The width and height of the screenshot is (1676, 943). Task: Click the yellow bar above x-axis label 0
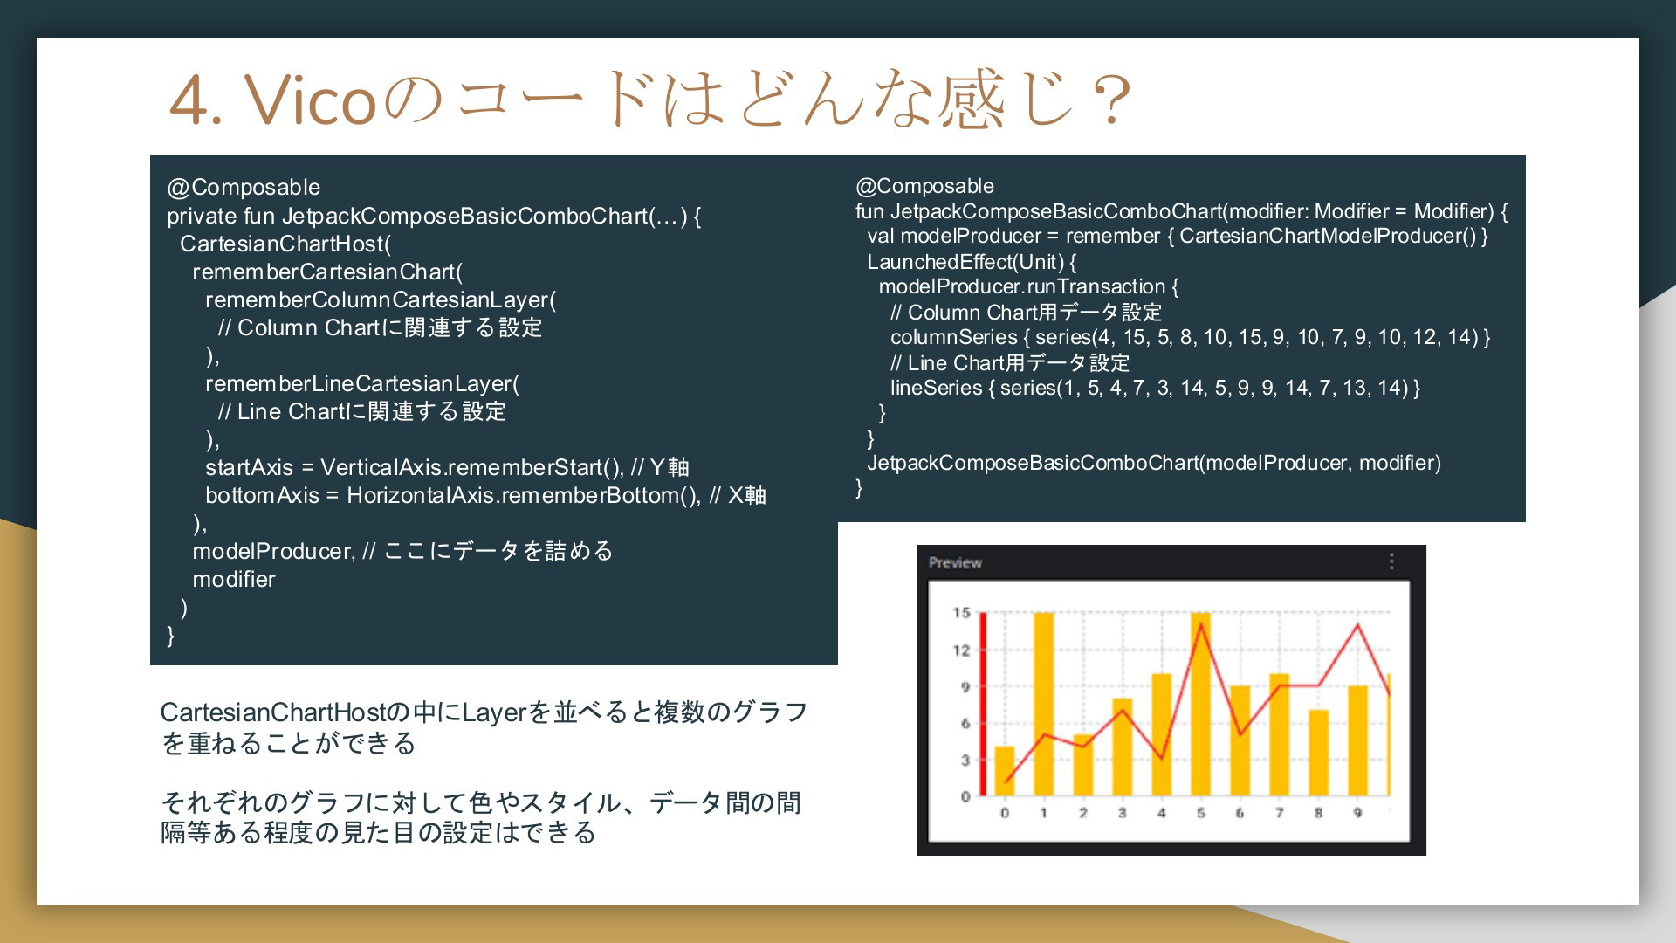[x=1005, y=771]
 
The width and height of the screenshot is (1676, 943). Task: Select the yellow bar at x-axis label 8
[x=1318, y=753]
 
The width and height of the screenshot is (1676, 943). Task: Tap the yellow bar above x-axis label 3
[x=1122, y=747]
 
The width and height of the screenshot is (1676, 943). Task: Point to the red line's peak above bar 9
[x=1357, y=625]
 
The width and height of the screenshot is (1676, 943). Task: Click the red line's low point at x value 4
[x=1161, y=758]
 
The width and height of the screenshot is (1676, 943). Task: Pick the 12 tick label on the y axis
[x=961, y=650]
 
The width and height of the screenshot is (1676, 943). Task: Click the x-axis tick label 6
[x=1240, y=813]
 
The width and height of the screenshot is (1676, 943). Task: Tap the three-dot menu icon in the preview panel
[x=1391, y=561]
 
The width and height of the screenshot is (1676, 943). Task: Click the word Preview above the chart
[x=955, y=563]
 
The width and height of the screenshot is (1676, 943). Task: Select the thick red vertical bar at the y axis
[x=983, y=704]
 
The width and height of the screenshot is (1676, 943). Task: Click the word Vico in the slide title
[x=311, y=100]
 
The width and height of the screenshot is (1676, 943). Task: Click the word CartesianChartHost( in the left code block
[x=285, y=244]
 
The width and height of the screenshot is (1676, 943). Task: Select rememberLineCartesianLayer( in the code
[x=362, y=384]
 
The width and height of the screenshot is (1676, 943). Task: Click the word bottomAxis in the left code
[x=262, y=496]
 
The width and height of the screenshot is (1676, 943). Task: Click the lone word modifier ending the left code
[x=234, y=580]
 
